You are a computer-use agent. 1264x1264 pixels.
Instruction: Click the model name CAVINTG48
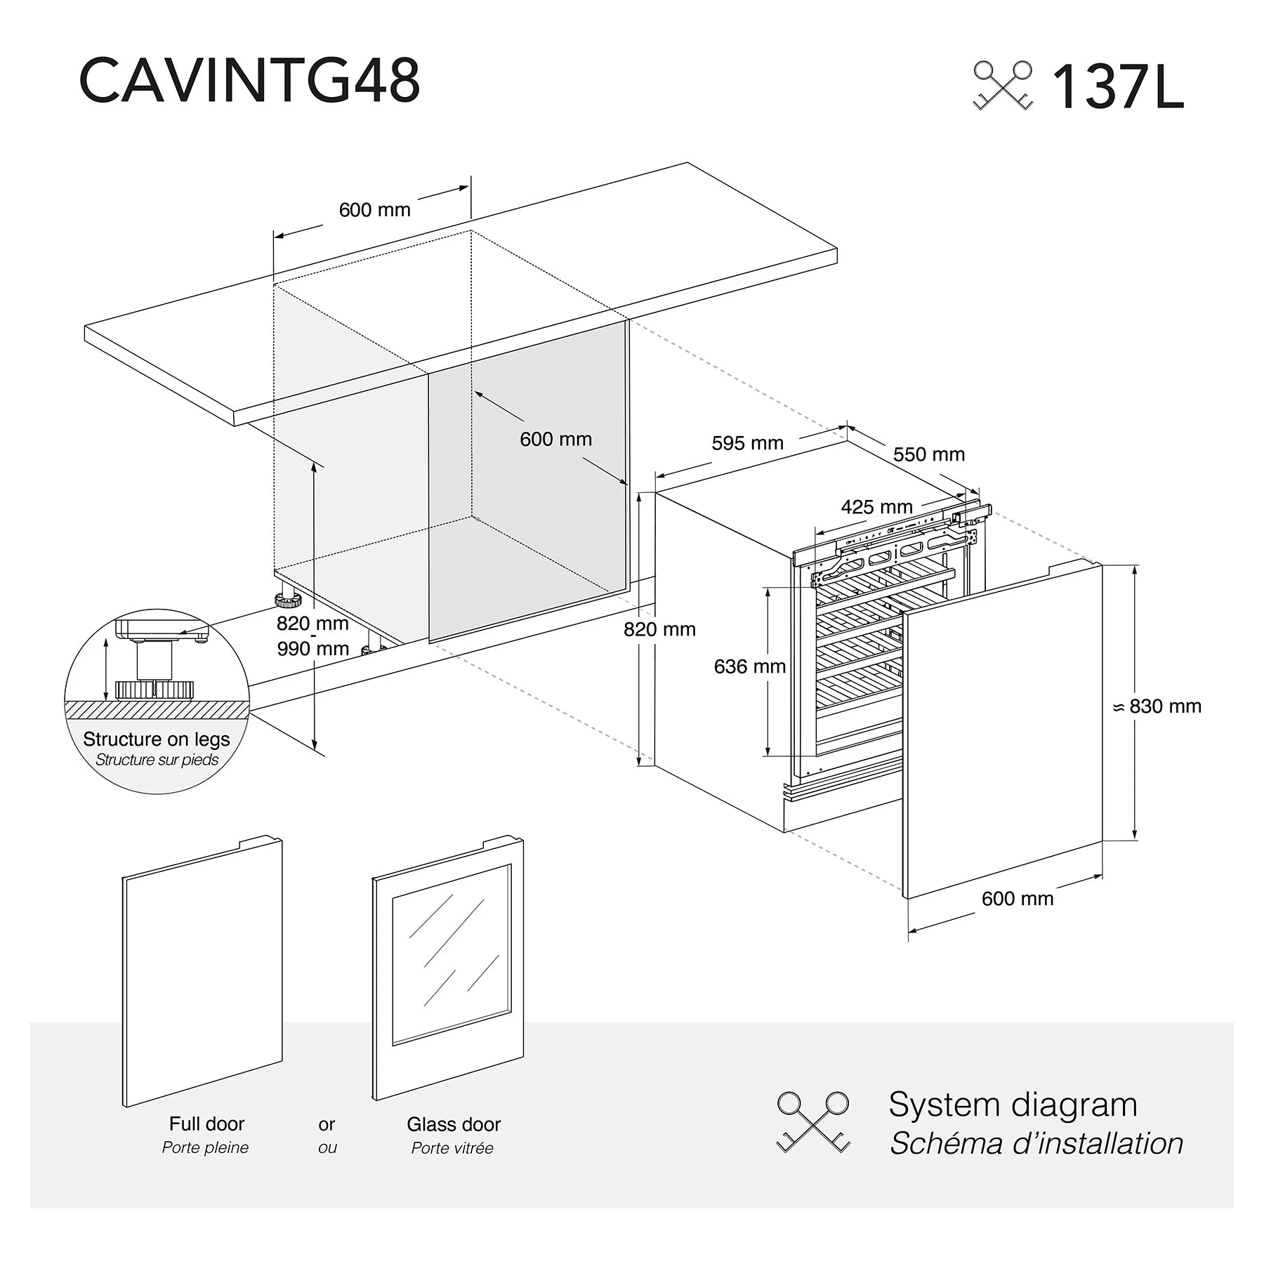[x=249, y=81]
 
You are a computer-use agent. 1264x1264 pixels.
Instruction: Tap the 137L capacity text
[x=1117, y=88]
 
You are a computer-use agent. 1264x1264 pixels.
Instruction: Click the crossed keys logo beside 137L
[x=1003, y=86]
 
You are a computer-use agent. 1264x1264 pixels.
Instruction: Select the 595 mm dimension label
[x=747, y=443]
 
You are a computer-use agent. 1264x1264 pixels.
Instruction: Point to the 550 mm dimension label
[x=928, y=454]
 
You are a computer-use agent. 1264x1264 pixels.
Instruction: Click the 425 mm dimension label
[x=876, y=506]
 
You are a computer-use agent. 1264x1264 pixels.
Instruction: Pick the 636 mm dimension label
[x=749, y=666]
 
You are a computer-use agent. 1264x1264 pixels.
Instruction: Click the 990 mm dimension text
[x=312, y=648]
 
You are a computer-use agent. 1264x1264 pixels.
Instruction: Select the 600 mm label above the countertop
[x=374, y=209]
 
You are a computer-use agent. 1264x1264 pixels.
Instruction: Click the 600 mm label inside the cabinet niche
[x=555, y=439]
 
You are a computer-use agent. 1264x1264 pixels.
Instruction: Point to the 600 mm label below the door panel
[x=1017, y=898]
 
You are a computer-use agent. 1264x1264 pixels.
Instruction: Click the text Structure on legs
[x=156, y=739]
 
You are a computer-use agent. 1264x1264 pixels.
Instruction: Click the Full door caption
[x=206, y=1124]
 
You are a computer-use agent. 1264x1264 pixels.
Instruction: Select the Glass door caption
[x=454, y=1124]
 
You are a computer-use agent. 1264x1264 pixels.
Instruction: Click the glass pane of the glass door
[x=451, y=955]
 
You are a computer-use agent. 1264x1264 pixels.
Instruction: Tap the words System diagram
[x=1012, y=1105]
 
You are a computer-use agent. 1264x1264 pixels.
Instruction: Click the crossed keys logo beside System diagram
[x=812, y=1121]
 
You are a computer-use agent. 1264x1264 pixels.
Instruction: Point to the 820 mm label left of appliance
[x=659, y=629]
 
